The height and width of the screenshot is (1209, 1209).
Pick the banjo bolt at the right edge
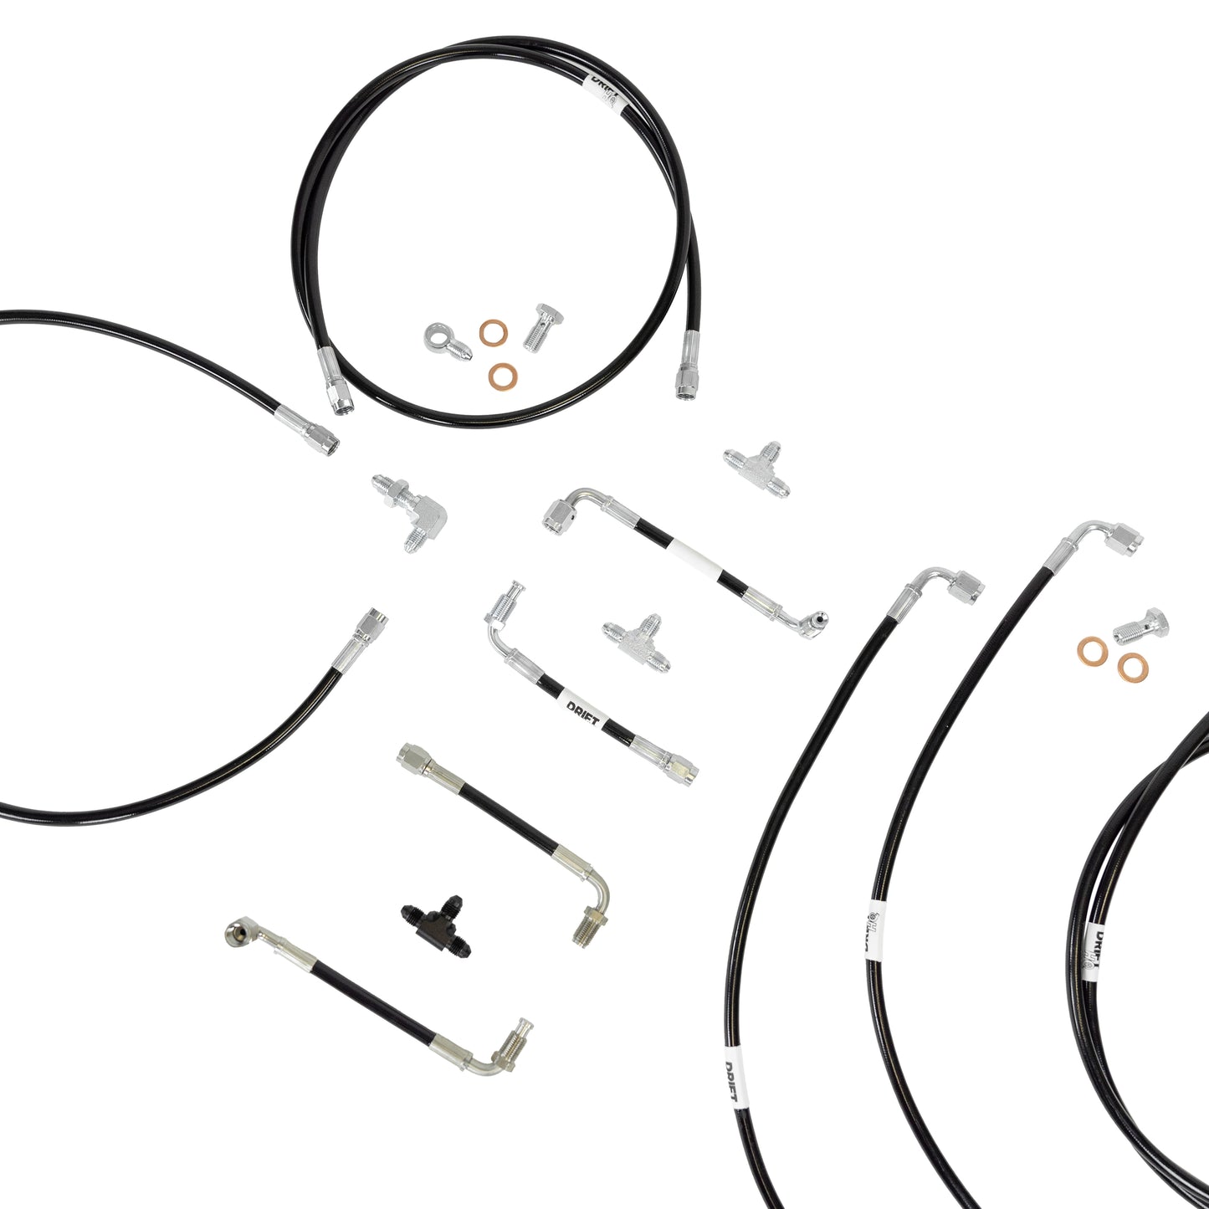coord(1143,626)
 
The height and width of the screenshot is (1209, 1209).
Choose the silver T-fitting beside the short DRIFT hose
coord(637,643)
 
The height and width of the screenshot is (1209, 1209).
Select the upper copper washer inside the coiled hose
coord(493,333)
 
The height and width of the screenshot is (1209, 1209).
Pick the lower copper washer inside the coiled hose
coord(502,376)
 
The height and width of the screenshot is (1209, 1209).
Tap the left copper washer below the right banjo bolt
coord(1091,649)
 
